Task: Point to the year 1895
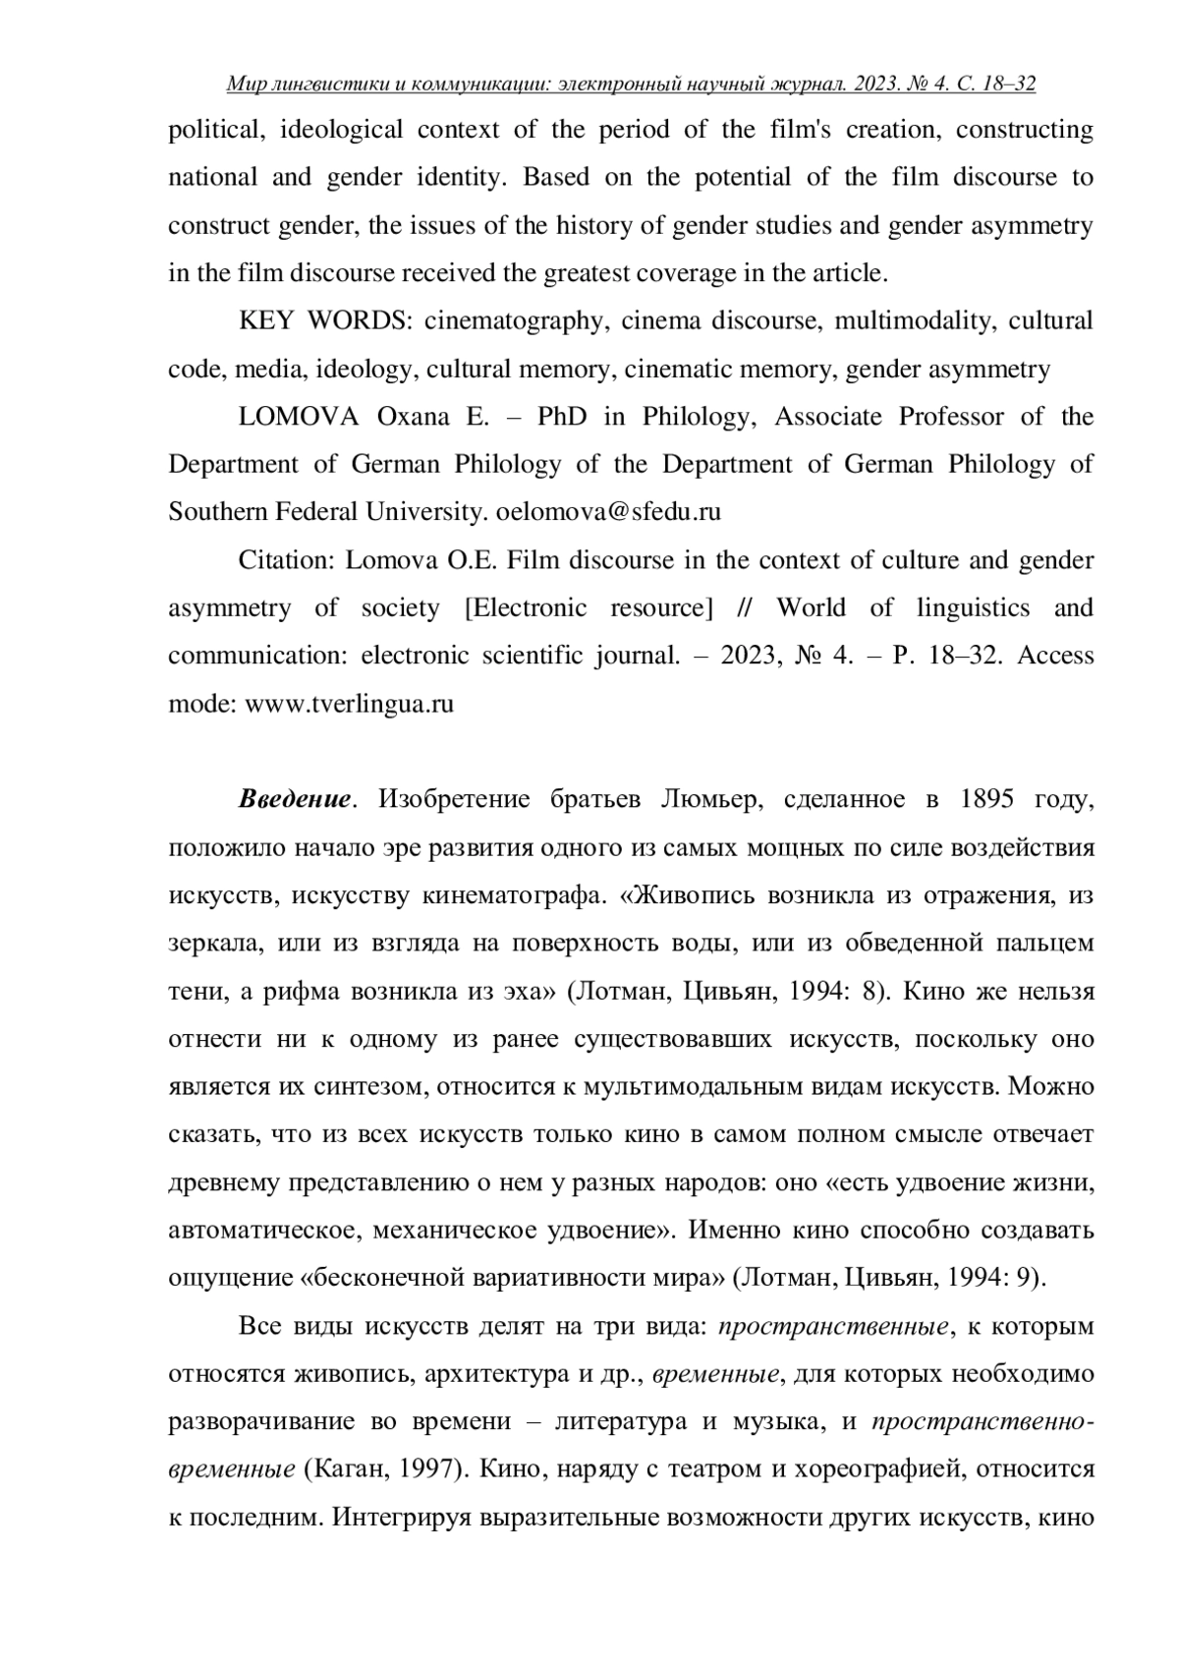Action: coord(982,798)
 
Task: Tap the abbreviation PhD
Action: coord(562,417)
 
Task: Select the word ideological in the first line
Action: coord(342,130)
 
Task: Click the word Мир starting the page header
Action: coord(243,85)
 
